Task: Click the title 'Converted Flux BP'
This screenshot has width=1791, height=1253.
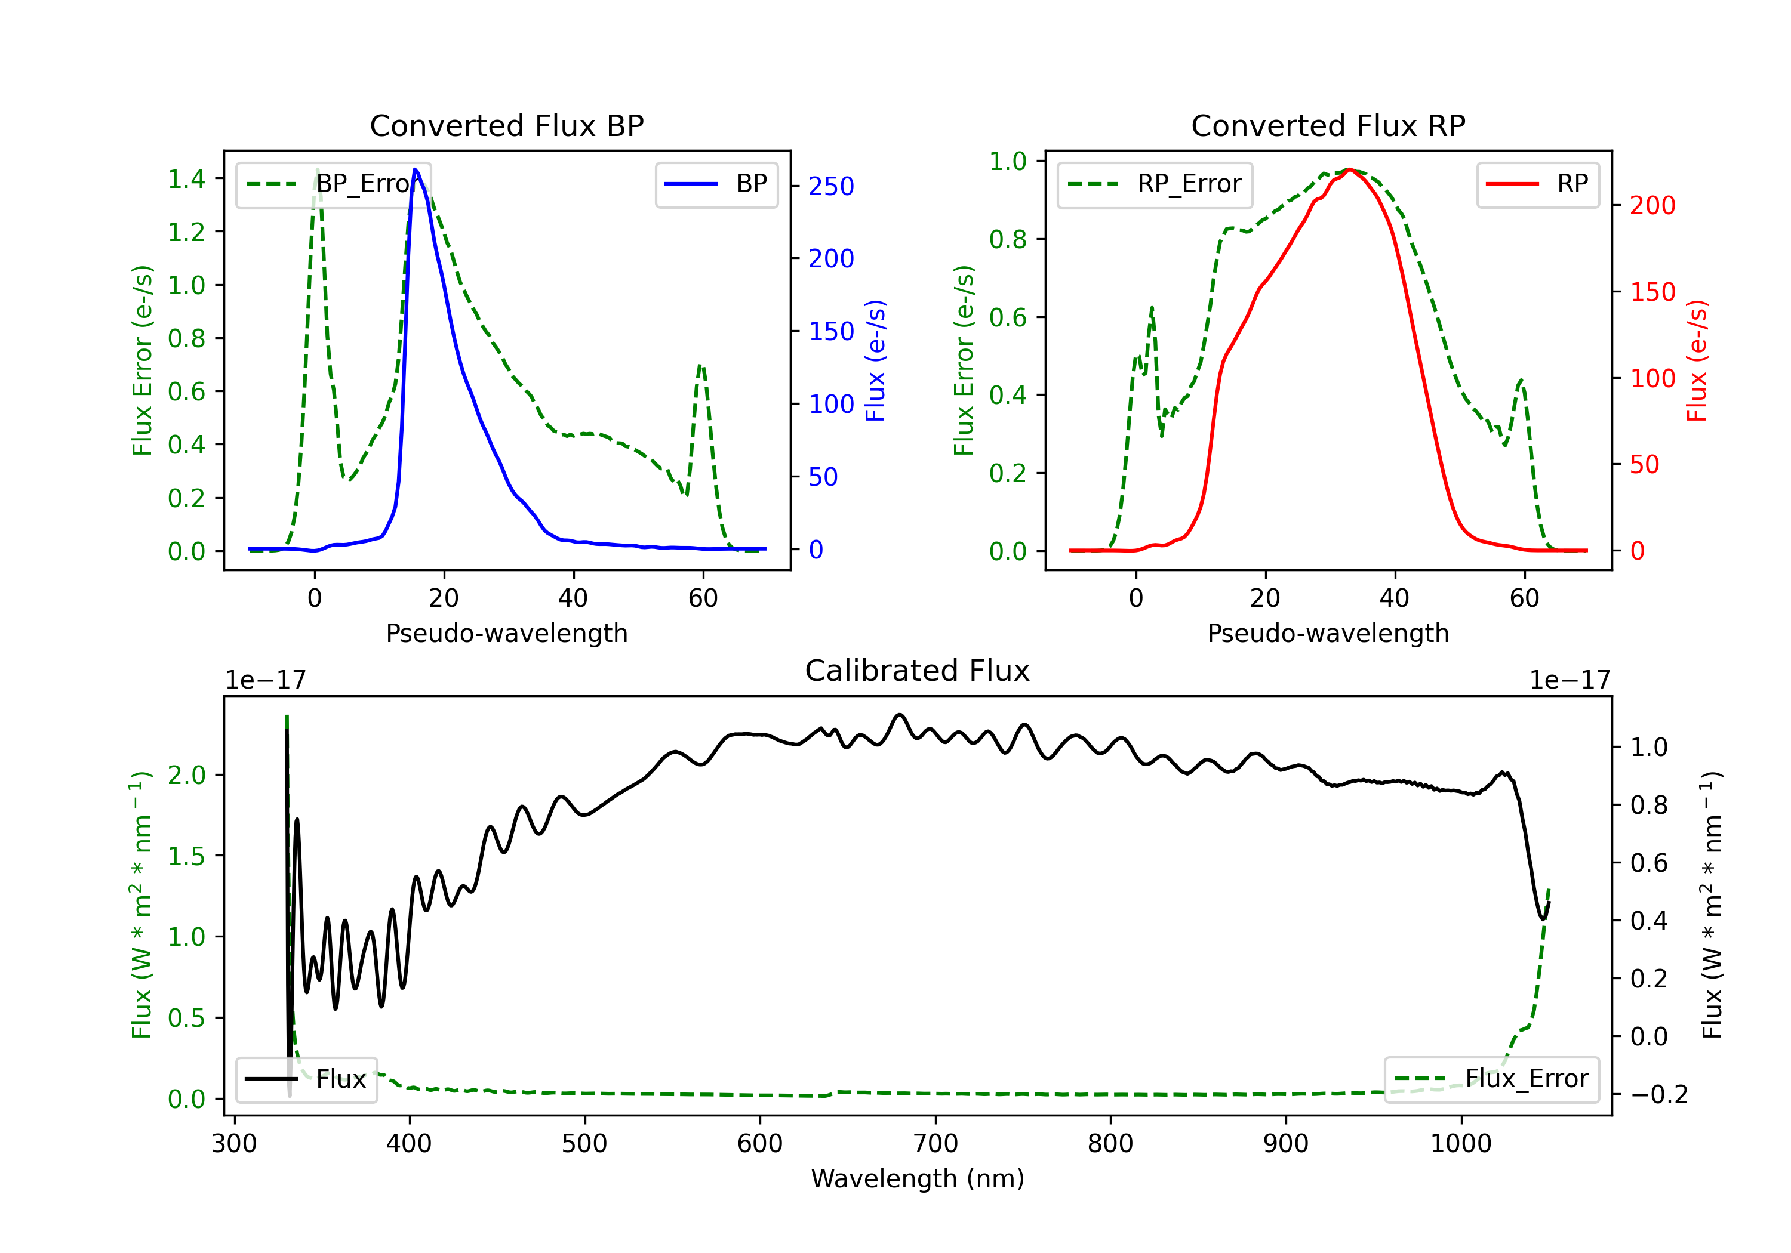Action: [506, 125]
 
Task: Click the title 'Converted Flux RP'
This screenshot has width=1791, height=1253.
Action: [1328, 125]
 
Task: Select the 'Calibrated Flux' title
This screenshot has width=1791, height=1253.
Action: [918, 671]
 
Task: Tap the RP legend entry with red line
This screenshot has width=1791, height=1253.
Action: [1537, 184]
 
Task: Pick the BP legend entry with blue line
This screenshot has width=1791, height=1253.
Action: [716, 184]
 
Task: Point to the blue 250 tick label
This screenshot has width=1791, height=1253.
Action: [831, 186]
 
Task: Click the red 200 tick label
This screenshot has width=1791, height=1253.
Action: [1652, 206]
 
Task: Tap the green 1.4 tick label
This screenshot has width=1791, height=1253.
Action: [186, 180]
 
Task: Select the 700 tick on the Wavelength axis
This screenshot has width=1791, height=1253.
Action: [935, 1143]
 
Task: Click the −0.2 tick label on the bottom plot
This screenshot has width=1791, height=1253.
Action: [1658, 1095]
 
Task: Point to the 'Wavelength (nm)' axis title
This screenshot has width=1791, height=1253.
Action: [918, 1178]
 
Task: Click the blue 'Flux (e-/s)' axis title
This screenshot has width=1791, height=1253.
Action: [875, 361]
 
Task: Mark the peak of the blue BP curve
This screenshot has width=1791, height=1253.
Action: [415, 169]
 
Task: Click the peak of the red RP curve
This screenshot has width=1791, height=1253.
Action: [1349, 169]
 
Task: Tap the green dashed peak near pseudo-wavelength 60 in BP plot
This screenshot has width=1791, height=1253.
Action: [700, 365]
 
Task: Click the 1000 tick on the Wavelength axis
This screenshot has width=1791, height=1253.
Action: [1460, 1143]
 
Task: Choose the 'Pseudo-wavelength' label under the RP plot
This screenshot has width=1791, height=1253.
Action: [1328, 633]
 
